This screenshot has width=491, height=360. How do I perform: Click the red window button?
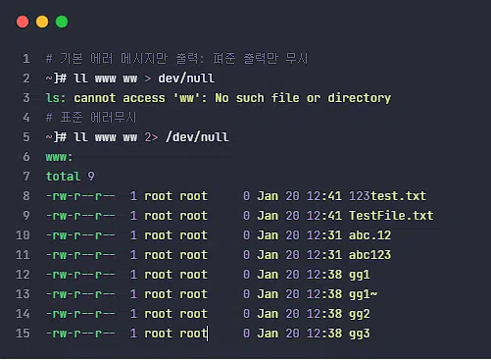coord(23,22)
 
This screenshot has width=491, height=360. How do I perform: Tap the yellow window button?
coord(42,22)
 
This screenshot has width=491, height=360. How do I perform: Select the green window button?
coord(62,22)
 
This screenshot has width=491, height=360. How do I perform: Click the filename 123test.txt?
coord(387,196)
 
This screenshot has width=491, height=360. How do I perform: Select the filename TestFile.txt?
coord(391,216)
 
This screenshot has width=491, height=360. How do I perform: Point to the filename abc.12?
coord(369,235)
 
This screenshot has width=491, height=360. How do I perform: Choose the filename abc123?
coord(369,255)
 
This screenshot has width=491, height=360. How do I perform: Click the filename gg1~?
coord(363,294)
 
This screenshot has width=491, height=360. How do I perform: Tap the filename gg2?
coord(360,314)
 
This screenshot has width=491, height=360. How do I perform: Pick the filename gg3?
coord(360,334)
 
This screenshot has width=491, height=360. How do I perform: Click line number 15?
coord(23,334)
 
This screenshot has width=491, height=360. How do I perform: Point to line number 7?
coord(26,177)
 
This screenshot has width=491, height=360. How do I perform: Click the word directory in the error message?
coord(360,98)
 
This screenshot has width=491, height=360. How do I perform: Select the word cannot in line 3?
coord(95,98)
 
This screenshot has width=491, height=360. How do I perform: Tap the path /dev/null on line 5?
coord(197,137)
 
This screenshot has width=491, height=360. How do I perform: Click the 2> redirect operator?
coord(151,137)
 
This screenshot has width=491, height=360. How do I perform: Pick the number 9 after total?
coord(91,177)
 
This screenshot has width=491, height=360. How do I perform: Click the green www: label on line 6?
coord(59,157)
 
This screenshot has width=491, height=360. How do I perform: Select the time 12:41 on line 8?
coord(324,196)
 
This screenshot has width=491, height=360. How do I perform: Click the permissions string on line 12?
coord(80,275)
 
